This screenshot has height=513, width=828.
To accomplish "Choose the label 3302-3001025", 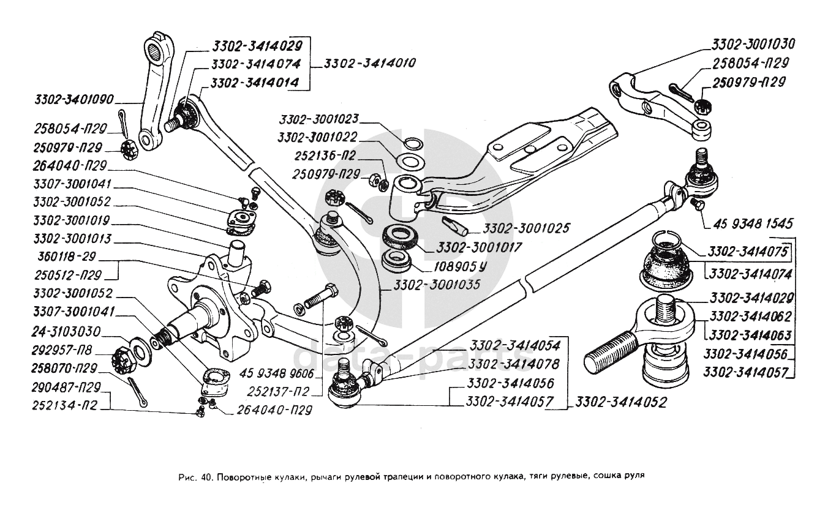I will [x=526, y=228].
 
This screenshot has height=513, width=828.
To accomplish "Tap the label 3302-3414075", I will [x=747, y=252].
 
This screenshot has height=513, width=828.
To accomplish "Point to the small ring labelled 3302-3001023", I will [x=415, y=144].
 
